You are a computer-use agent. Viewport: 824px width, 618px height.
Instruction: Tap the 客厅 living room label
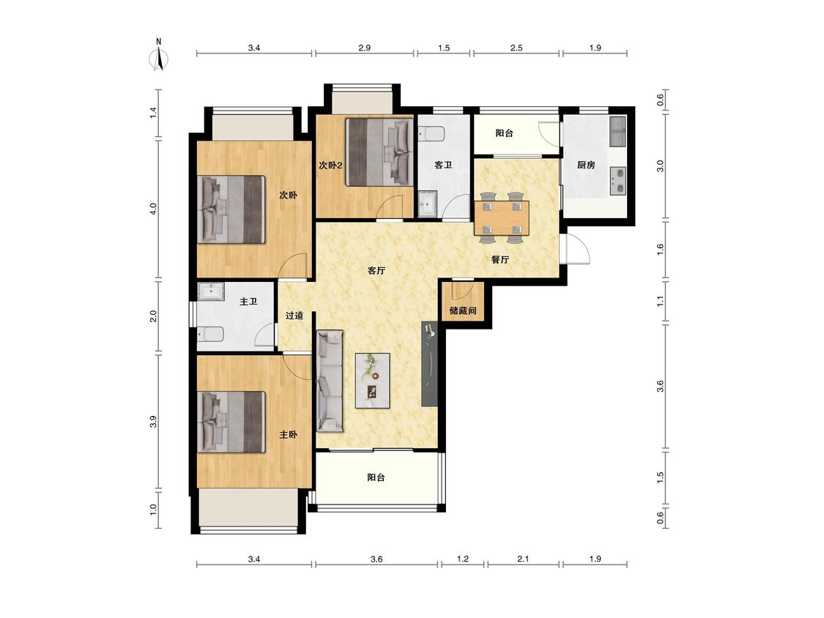click(x=376, y=271)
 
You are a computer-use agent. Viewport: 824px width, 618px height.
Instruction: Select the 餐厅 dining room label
click(x=500, y=260)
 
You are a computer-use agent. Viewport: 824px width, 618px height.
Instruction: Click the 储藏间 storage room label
click(x=462, y=310)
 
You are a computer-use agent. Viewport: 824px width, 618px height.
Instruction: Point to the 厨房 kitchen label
click(x=586, y=165)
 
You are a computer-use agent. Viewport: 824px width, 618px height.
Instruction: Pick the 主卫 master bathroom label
click(x=248, y=302)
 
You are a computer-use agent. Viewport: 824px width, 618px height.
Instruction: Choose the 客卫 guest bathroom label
click(x=443, y=165)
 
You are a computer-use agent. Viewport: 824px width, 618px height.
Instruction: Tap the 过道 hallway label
click(x=294, y=316)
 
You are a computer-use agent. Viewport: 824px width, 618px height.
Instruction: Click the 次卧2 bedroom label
click(x=330, y=165)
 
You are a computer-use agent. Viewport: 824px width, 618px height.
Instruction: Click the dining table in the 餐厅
click(x=502, y=217)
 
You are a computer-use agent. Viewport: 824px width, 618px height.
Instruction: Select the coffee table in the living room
click(x=373, y=381)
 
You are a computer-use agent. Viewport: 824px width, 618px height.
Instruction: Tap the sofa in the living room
click(x=330, y=381)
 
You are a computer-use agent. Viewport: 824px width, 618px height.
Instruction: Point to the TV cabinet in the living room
click(x=428, y=365)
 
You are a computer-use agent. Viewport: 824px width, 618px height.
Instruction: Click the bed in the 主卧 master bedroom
click(x=231, y=422)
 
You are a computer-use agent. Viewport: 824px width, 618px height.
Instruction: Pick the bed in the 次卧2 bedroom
click(x=379, y=152)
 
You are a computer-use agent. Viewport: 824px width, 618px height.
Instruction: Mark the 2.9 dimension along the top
click(x=364, y=48)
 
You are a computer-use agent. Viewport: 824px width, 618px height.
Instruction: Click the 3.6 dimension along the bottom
click(x=376, y=559)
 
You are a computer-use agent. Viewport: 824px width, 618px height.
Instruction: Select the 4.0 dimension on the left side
click(x=154, y=209)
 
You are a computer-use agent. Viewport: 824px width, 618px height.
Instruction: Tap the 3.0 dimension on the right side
click(x=661, y=166)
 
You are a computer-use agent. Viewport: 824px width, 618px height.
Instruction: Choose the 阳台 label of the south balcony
click(x=376, y=477)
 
